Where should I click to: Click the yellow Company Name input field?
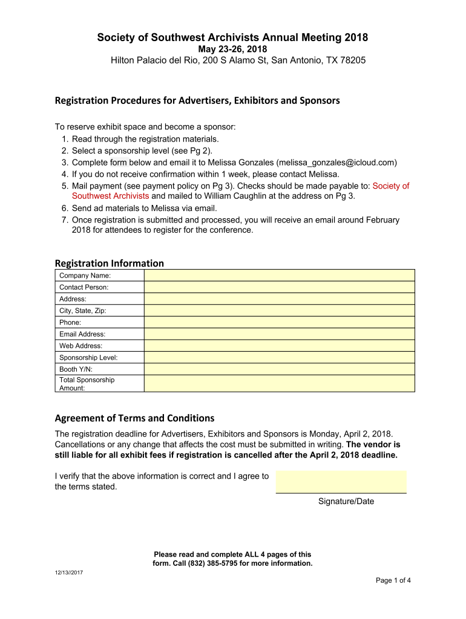[279, 275]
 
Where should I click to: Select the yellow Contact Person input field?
[279, 287]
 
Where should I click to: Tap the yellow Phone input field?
[279, 322]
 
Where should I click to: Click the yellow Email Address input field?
[279, 334]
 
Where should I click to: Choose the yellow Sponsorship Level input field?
[279, 357]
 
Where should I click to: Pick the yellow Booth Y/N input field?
[279, 369]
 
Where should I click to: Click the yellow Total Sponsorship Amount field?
[279, 383]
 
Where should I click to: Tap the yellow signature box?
[341, 482]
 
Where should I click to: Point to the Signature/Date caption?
[346, 501]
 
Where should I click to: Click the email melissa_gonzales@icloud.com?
[336, 163]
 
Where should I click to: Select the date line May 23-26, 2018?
[232, 49]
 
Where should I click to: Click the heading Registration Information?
[109, 263]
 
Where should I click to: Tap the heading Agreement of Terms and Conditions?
[134, 418]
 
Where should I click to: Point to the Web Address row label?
[80, 346]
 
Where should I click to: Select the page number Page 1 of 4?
[393, 581]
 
